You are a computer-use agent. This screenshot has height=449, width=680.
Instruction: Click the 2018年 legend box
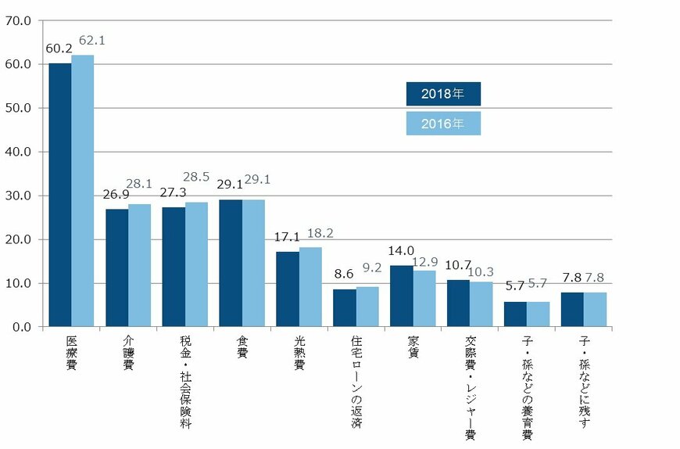coord(442,94)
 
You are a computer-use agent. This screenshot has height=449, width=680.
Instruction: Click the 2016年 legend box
coord(442,124)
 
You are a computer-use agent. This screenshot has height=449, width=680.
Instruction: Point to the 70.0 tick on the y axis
coord(17,20)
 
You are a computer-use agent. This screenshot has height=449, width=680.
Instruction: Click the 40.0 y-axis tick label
coord(17,152)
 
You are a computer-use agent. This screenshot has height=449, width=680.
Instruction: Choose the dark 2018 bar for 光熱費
coord(288,289)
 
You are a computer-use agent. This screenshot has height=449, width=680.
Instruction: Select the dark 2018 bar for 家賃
coord(402,296)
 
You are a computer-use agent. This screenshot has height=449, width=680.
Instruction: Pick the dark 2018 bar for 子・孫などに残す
coord(572,309)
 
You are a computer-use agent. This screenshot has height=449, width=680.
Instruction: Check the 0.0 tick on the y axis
coord(20,327)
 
